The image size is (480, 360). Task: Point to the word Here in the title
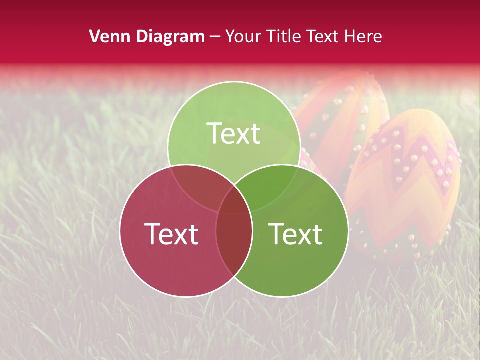click(x=363, y=36)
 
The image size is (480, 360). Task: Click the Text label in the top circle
click(x=234, y=133)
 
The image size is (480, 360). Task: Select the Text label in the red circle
click(x=171, y=233)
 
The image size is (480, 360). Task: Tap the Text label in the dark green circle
click(x=295, y=233)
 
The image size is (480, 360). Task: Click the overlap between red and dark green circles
click(x=234, y=240)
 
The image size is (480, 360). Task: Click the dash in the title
click(x=215, y=36)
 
